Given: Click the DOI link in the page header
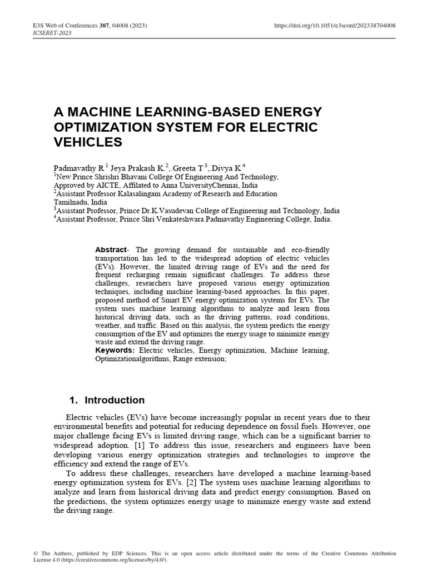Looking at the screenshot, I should coord(335,26).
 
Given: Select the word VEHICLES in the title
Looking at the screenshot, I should coord(87,142).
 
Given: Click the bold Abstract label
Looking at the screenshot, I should coord(111,250).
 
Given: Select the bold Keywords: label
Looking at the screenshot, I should coord(115,351).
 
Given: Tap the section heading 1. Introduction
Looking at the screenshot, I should coord(107,400).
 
